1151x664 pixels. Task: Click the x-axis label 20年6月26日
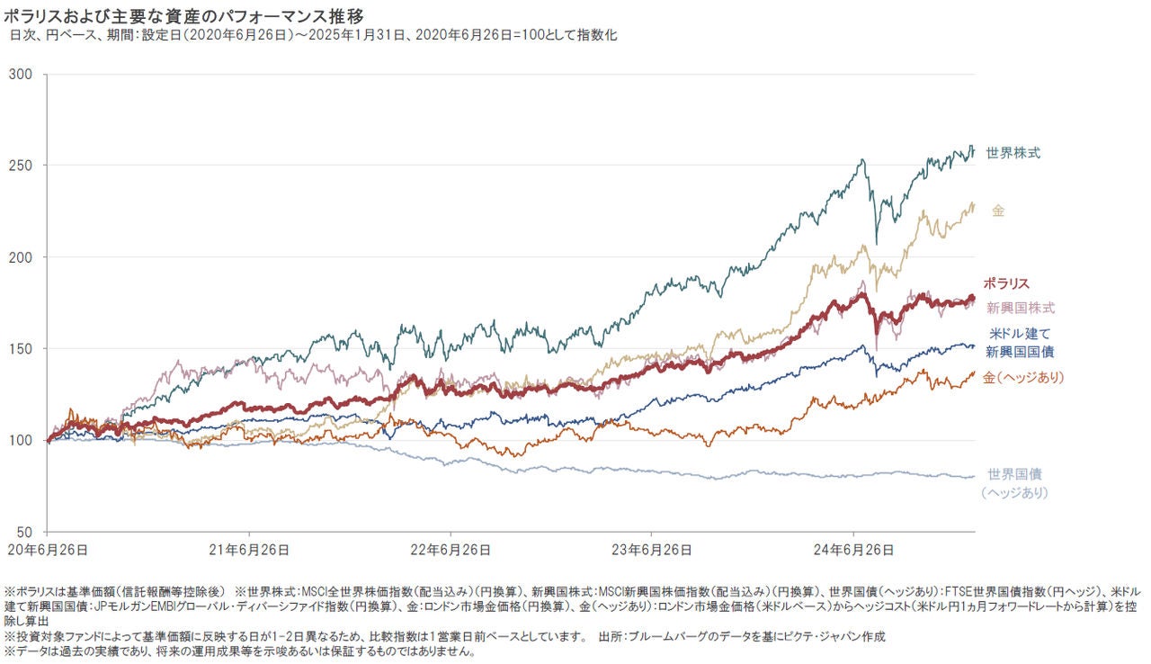47,548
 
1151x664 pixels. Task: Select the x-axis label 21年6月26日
248,548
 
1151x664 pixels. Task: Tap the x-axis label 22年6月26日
450,548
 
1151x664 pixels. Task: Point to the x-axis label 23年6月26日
651,548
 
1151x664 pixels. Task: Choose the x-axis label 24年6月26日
852,548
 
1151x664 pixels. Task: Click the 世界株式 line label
1013,153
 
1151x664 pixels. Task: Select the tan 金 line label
998,211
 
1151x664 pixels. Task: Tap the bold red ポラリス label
1006,283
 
